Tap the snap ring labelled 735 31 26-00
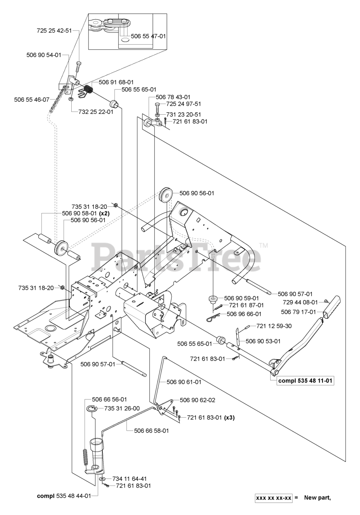pyautogui.click(x=92, y=410)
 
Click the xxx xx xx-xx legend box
pyautogui.click(x=274, y=498)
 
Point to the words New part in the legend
pyautogui.click(x=317, y=498)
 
